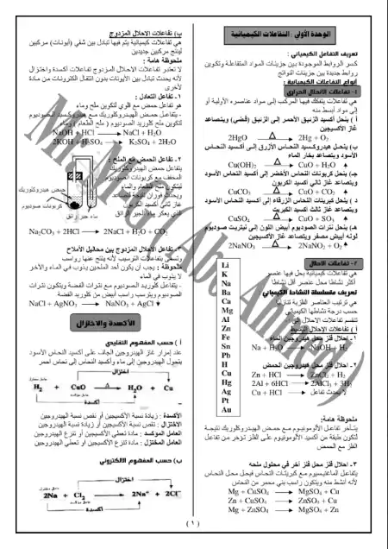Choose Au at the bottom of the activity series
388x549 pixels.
click(x=225, y=400)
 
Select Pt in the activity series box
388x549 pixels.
click(x=225, y=390)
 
